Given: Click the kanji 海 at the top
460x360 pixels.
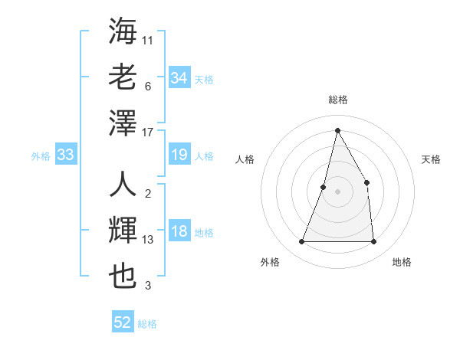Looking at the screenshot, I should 123,31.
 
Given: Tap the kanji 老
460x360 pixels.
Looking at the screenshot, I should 123,77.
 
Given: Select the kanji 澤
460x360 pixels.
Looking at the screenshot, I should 123,123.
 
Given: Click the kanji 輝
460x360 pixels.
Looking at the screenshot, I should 123,231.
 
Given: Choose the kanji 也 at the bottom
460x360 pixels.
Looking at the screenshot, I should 123,277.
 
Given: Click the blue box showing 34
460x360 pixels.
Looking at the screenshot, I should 179,78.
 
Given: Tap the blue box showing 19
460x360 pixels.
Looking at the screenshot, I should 179,155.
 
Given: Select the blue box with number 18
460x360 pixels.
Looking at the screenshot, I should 179,232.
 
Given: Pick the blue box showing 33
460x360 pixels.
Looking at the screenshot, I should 65,155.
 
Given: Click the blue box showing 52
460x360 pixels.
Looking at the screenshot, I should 122,322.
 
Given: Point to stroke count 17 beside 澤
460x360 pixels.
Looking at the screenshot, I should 149,132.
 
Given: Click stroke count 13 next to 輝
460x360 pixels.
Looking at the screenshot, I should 149,240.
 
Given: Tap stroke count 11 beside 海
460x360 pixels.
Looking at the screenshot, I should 148,40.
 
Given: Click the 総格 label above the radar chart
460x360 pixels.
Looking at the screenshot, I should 337,100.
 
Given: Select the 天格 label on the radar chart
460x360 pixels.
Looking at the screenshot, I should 431,159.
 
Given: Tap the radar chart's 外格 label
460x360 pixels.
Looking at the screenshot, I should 270,262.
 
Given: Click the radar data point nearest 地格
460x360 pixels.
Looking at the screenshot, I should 373,242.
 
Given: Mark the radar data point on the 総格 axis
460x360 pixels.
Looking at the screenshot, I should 337,130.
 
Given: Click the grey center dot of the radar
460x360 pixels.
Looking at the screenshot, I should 337,191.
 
